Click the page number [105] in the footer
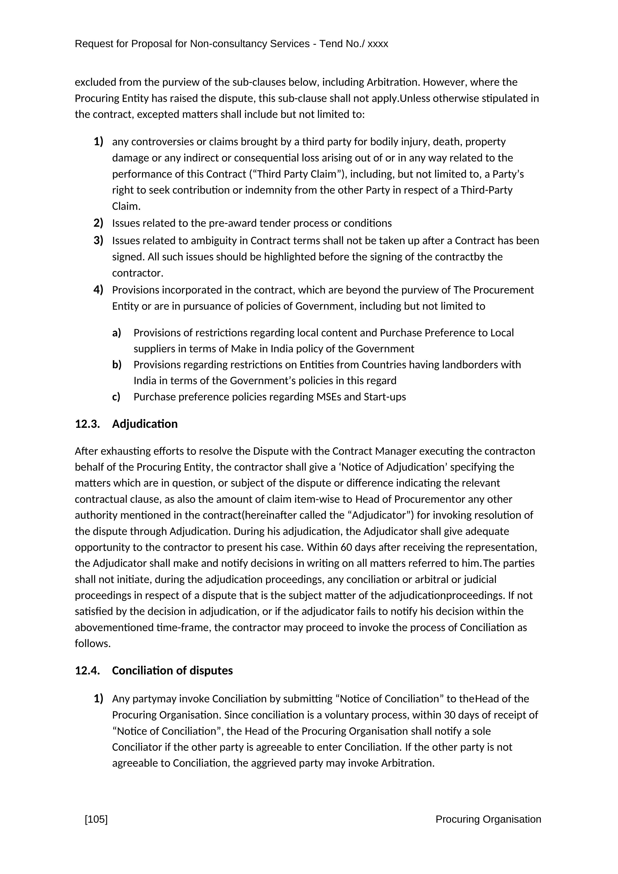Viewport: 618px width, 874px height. [x=96, y=819]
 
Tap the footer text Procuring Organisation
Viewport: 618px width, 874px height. [x=488, y=819]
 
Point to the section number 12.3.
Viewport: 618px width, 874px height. [x=87, y=424]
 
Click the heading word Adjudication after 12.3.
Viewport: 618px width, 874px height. [x=145, y=424]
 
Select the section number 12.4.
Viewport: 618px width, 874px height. [x=87, y=670]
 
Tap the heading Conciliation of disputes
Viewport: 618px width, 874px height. [x=172, y=670]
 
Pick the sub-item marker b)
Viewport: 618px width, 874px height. [x=116, y=365]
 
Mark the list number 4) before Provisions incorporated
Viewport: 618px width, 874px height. [x=98, y=290]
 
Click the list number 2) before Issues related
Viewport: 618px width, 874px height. [x=98, y=223]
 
